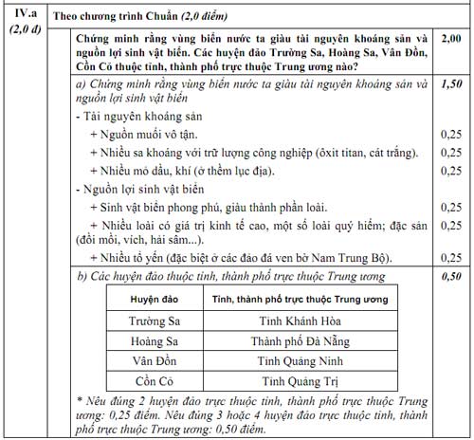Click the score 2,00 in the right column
[x=452, y=37]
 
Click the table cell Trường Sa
[x=154, y=321]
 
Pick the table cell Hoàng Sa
[x=154, y=340]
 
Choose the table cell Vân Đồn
[x=154, y=360]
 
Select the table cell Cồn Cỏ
[x=154, y=380]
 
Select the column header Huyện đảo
[x=154, y=299]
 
